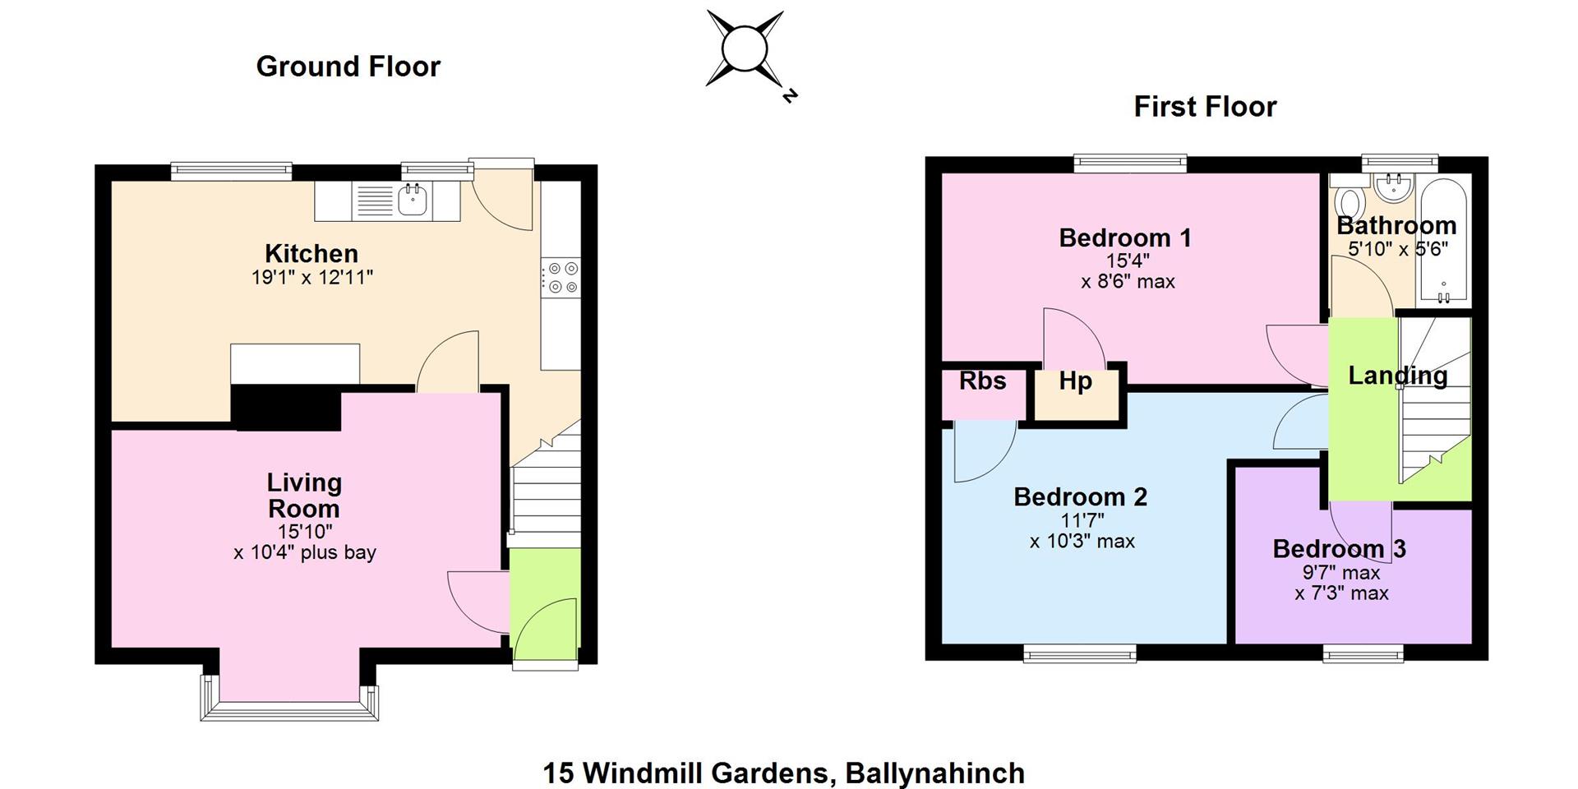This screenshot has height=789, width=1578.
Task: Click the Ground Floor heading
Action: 348,67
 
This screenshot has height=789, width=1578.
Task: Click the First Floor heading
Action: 1205,107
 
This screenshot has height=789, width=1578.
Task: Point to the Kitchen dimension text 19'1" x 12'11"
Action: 312,278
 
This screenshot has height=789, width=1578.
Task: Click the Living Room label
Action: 304,496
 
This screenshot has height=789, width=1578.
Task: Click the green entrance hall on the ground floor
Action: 545,603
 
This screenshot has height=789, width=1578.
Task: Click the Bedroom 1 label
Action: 1125,238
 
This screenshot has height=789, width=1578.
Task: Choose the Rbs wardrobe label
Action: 983,381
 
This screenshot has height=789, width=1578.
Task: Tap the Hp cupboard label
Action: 1075,381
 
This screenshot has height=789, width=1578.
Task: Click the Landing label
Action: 1398,376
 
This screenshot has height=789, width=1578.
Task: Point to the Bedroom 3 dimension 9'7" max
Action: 1340,573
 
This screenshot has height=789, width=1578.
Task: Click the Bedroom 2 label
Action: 1080,497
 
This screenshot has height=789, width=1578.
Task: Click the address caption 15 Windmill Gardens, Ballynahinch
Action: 784,773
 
